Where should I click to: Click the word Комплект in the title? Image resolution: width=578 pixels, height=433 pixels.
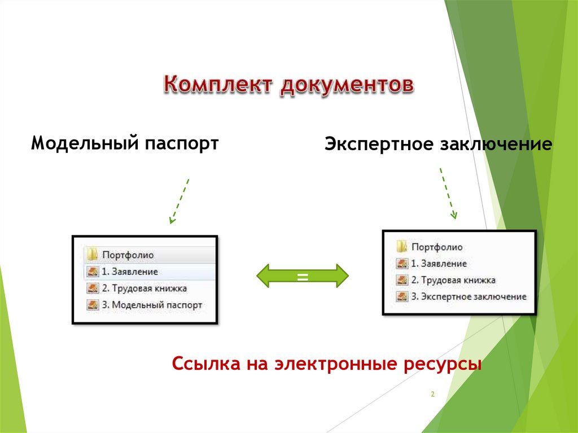(217, 84)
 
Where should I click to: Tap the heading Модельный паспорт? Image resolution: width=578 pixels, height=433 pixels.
(125, 143)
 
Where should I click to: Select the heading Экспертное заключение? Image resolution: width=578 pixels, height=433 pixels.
(438, 145)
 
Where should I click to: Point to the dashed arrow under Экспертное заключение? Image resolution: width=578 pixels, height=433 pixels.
(448, 193)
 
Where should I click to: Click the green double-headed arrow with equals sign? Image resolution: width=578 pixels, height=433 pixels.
(303, 276)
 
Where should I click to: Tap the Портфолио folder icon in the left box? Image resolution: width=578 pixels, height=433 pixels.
(93, 255)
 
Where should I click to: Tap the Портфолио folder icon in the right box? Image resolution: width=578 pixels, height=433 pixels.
(402, 247)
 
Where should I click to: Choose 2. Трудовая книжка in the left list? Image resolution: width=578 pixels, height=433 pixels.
(144, 288)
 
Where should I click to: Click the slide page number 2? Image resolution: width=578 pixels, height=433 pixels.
(432, 395)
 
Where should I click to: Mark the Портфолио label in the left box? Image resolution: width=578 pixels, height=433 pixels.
(128, 255)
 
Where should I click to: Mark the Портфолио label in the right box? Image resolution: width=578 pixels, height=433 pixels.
(436, 247)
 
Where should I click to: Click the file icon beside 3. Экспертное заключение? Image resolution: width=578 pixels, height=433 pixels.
(402, 296)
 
